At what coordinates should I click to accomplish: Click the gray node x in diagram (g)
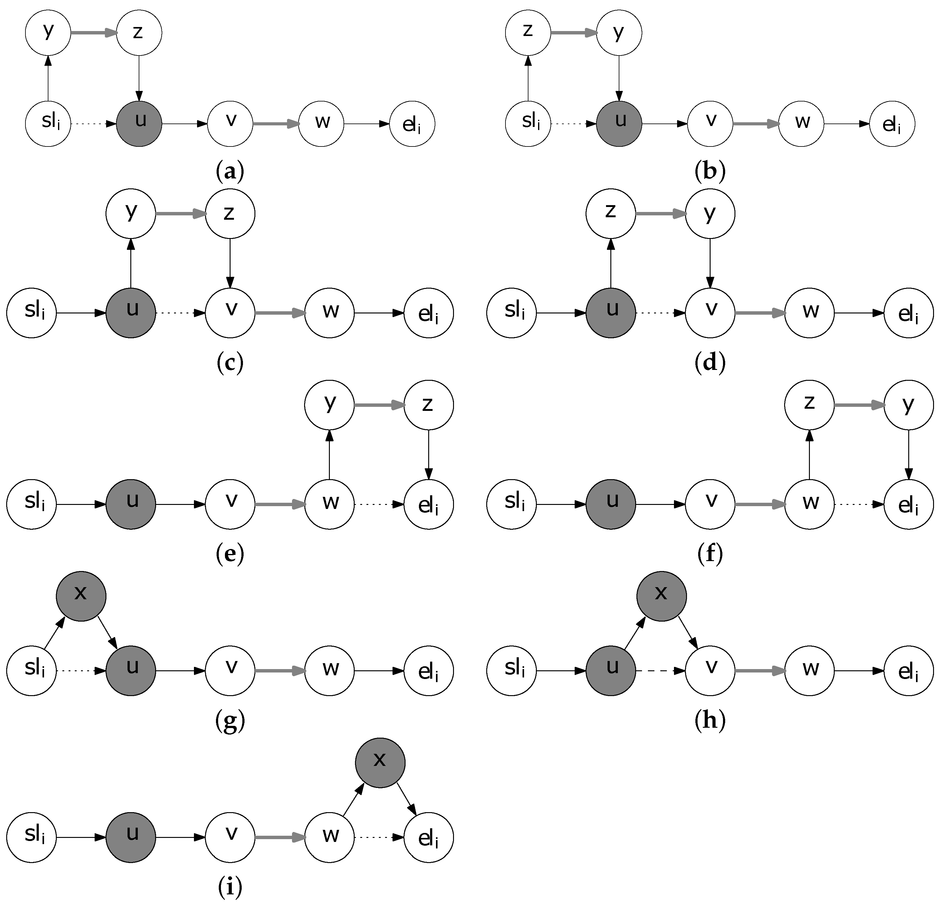[81, 596]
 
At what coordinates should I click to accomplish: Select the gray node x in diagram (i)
[380, 762]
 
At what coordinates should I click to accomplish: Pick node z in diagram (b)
[528, 33]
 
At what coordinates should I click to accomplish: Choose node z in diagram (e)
[428, 405]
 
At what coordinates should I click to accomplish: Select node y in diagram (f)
[908, 405]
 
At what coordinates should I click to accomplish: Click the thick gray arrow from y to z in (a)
[94, 33]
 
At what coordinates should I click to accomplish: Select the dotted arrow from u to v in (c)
[180, 313]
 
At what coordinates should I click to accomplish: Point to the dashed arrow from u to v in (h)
[660, 670]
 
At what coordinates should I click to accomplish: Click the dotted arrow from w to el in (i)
[379, 838]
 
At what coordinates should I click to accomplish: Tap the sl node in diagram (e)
[32, 504]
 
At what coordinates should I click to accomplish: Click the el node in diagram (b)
[892, 124]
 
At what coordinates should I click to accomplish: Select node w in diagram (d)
[810, 313]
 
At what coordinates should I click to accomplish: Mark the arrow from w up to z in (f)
[810, 455]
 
